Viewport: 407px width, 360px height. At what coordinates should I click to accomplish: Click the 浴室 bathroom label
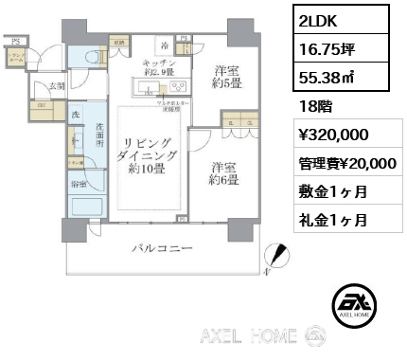click(x=77, y=184)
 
